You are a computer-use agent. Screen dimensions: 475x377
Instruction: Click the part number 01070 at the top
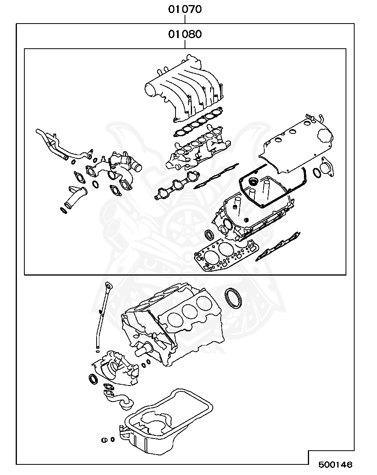pos(185,9)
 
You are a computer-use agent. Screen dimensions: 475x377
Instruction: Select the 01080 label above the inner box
pos(185,34)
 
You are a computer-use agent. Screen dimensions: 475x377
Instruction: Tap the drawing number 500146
pos(335,465)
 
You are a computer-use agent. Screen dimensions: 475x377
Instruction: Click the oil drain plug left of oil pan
pos(105,440)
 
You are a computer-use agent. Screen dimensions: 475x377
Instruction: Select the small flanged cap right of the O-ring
pos(327,168)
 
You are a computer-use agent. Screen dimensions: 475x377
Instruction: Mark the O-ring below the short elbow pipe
pos(63,211)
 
